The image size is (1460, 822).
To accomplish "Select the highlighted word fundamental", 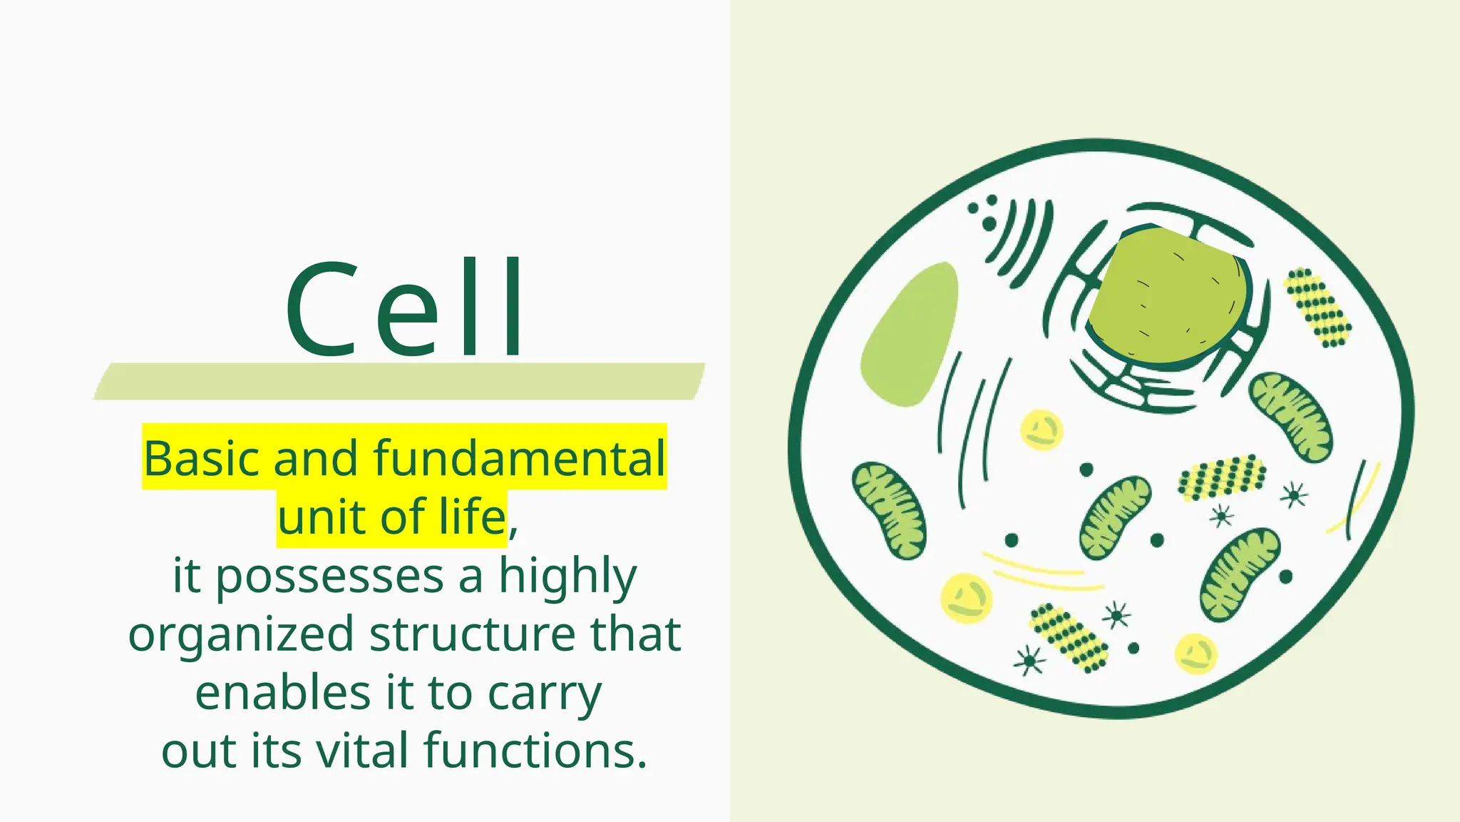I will (x=519, y=458).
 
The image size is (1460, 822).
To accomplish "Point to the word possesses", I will (x=329, y=577).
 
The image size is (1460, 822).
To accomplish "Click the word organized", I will (x=241, y=635).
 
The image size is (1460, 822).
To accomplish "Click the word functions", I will (x=535, y=752).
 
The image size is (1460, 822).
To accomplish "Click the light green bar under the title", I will (x=399, y=381).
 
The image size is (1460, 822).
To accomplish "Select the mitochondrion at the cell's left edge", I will (x=890, y=510).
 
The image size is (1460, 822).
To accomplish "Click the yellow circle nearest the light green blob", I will (x=1041, y=430).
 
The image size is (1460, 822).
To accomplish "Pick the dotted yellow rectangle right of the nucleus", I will (x=1317, y=307).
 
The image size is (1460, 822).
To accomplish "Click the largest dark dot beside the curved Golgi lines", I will (x=989, y=224).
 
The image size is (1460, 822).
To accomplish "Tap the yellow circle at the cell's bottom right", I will (x=1196, y=654).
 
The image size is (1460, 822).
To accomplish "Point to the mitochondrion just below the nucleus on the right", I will (x=1291, y=416).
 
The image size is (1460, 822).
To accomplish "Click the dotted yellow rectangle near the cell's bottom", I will (x=1068, y=637).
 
